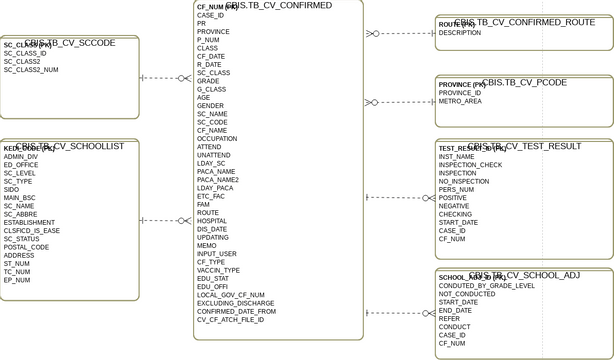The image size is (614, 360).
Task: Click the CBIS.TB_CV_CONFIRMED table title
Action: coord(279,6)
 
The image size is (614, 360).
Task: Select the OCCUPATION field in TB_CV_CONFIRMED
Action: coord(217,139)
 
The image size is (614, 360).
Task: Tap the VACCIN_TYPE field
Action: coord(218,270)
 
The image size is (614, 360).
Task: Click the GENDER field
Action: coord(210,106)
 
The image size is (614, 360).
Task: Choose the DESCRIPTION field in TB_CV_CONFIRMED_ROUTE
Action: coord(459,33)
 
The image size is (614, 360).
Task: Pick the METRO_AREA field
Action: coord(459,101)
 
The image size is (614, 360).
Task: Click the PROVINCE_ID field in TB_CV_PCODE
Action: coord(459,93)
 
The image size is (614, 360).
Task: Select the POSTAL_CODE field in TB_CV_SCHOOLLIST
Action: coord(26,247)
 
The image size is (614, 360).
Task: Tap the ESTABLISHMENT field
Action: coord(29,223)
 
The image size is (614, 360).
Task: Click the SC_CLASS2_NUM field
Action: coord(31,70)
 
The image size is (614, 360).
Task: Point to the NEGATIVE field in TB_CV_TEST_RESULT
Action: coord(453,206)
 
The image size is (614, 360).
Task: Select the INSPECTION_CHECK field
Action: coord(470,165)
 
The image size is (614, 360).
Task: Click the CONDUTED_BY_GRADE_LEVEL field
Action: coord(486,286)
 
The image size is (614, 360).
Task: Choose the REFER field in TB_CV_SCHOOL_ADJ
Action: coord(450,319)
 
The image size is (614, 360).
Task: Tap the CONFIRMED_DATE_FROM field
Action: coord(236,311)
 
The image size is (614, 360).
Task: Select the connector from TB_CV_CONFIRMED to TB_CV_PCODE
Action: coord(399,102)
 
